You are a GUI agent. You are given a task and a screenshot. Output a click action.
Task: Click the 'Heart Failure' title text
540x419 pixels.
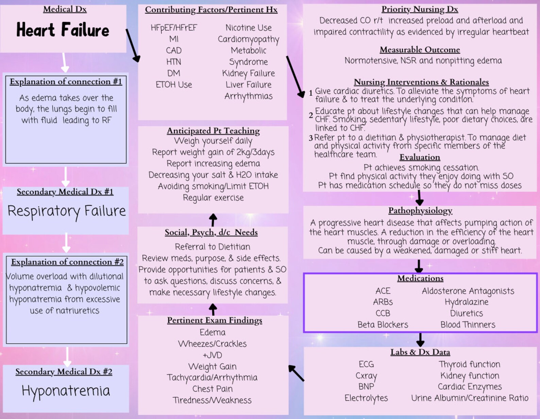pos(63,30)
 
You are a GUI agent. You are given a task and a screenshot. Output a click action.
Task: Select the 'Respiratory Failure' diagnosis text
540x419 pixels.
pos(67,211)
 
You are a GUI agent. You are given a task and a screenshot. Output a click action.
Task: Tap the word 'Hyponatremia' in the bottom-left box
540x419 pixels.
pos(66,391)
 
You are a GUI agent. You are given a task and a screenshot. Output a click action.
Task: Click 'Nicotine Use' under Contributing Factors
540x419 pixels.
pos(249,28)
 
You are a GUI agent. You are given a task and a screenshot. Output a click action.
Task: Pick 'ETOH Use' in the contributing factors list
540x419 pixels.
pos(174,85)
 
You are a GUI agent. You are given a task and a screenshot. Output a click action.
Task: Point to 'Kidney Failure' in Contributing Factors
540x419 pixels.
pos(249,73)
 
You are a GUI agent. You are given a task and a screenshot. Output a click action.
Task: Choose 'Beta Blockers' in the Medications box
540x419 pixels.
pos(383,325)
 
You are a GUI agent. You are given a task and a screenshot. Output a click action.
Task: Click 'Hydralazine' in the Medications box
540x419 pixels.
pos(467,302)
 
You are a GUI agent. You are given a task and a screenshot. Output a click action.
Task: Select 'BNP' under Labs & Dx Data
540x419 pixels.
pos(366,387)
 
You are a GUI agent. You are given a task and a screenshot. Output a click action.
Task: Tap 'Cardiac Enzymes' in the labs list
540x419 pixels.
pos(470,387)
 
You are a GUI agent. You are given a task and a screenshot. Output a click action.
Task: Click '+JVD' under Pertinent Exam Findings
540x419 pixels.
pos(212,355)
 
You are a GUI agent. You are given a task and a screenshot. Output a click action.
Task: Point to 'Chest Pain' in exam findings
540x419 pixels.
pos(213,389)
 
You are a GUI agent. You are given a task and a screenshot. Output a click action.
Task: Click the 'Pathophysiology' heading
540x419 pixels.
pos(420,211)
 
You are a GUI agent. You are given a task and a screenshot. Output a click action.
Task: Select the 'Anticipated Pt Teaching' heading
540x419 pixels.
pos(213,131)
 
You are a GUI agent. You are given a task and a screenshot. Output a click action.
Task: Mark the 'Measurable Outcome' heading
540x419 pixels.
pos(420,50)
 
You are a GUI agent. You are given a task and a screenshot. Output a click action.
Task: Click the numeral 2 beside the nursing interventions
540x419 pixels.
pos(311,115)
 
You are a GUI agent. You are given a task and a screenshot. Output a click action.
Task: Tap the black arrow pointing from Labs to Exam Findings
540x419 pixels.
pos(296,373)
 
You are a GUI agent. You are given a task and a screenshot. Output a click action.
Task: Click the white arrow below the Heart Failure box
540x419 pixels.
pos(65,63)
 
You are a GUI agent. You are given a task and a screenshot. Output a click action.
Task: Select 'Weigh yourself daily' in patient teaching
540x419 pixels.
pos(213,141)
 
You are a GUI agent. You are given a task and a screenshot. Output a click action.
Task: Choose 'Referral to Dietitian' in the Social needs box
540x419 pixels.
pos(213,247)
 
